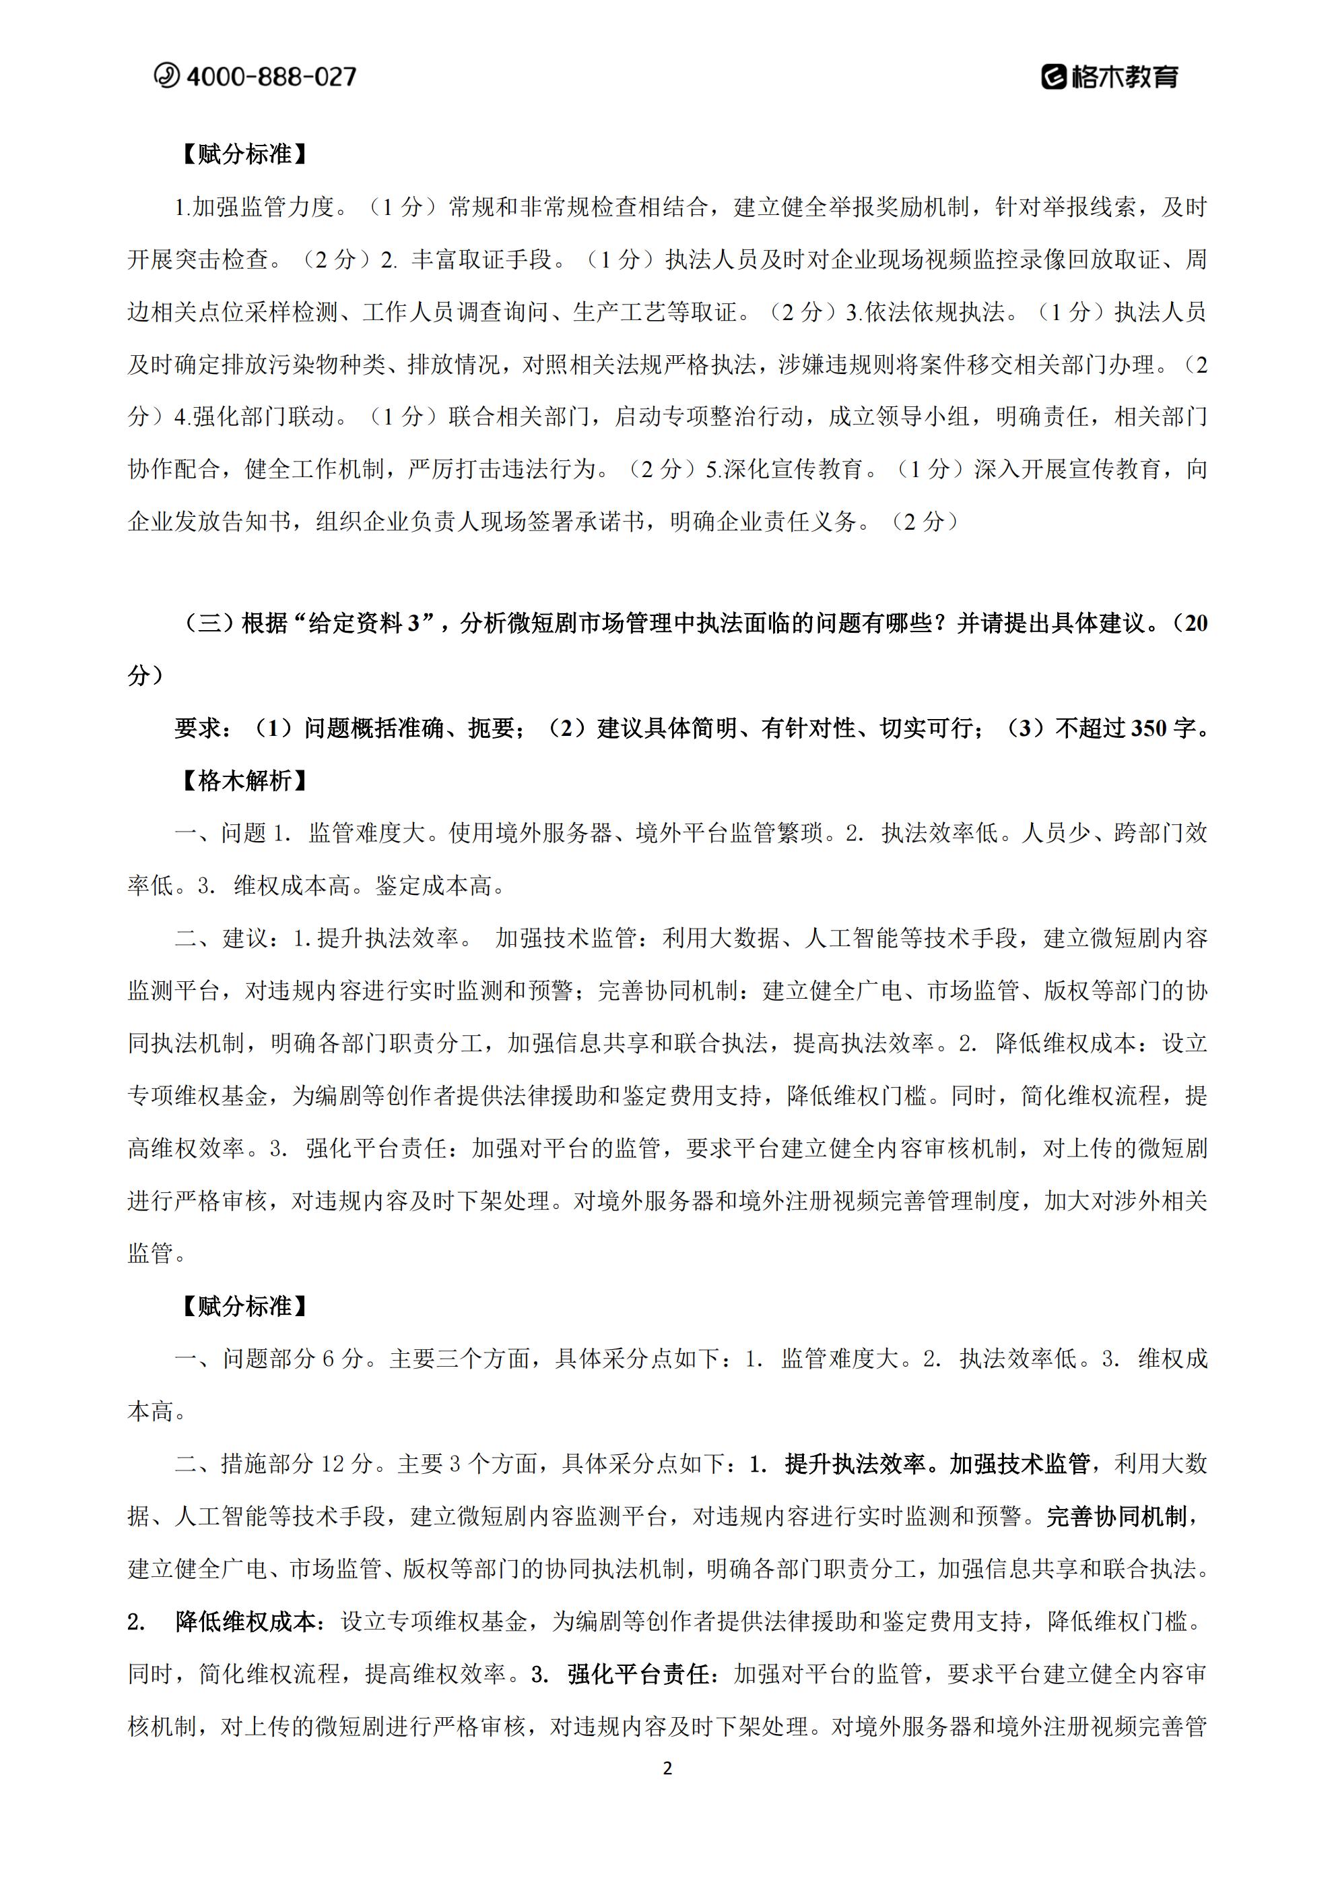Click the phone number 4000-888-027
271,77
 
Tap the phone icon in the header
166,75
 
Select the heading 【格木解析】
244,781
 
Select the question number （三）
207,623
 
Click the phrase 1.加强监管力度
255,207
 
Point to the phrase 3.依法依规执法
925,312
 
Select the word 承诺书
610,522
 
